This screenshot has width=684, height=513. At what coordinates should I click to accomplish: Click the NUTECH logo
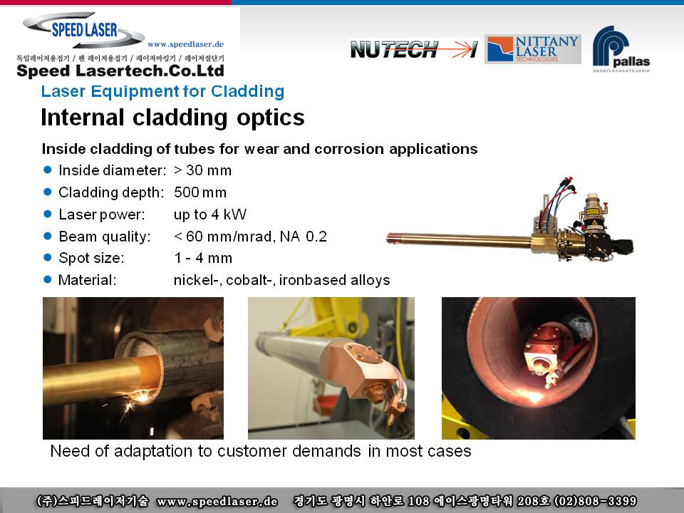pos(413,49)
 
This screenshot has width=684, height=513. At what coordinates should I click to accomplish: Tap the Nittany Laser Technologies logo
pos(533,49)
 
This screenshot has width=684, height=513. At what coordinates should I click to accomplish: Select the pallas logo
pos(621,49)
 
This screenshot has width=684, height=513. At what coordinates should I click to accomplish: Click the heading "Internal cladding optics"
pos(172,118)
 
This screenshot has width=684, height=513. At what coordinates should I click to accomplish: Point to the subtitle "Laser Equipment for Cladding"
pos(162,91)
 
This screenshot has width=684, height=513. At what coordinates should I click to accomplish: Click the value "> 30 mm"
pos(202,170)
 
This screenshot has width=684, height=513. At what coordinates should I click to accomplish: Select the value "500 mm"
pos(200,192)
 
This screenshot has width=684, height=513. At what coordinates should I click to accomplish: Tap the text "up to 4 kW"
pos(209,214)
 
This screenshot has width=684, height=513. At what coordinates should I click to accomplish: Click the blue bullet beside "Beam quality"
pos(48,236)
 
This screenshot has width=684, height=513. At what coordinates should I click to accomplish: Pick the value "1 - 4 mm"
pos(203,258)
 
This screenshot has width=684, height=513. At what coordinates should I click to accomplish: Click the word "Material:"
pos(87,280)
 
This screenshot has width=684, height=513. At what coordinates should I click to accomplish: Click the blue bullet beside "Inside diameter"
pos(48,170)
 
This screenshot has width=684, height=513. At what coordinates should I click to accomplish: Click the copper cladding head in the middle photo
pos(358,366)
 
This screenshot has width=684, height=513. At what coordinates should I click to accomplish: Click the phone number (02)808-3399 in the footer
pos(595,501)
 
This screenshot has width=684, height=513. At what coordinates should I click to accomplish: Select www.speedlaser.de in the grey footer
pos(217,502)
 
